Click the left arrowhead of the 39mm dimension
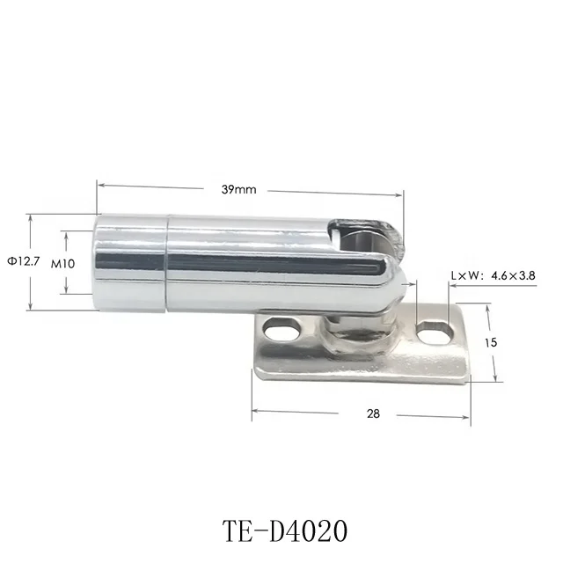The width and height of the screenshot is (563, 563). tap(99, 185)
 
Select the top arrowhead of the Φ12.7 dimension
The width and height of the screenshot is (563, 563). tap(30, 217)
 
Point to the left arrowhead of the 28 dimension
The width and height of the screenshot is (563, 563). tap(256, 411)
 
